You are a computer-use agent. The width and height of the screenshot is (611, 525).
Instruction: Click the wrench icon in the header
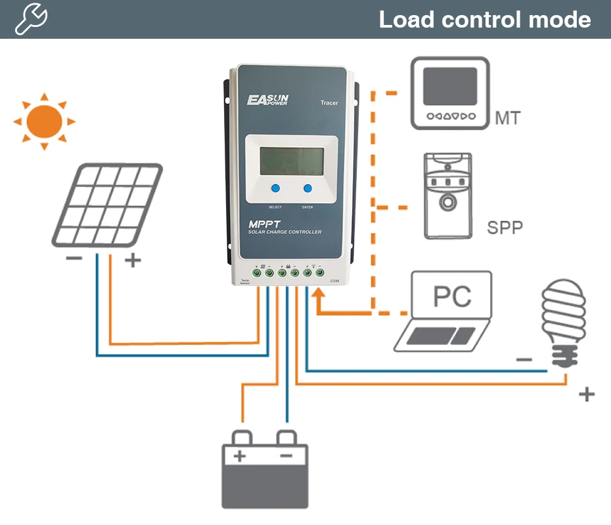coord(31,19)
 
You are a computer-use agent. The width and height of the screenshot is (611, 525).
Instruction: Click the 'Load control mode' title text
coord(484,19)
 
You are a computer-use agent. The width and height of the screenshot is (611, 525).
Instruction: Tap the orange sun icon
coord(44,121)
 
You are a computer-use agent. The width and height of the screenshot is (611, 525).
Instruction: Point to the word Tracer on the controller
coord(329,103)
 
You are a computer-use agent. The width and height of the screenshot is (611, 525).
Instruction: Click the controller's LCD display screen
coord(291,161)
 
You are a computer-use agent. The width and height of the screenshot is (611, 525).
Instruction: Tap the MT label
coord(508,118)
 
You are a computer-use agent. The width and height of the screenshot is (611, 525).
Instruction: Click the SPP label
coord(505,228)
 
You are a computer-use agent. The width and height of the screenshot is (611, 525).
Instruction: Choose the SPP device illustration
coord(447,196)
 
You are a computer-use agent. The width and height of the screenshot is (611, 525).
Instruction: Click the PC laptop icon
coord(445,309)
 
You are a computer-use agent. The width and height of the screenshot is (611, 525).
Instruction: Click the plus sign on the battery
coord(240,455)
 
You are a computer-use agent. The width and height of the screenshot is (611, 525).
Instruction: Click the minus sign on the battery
coord(286,455)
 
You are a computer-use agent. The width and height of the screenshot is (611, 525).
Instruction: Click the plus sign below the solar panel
coord(133,261)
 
